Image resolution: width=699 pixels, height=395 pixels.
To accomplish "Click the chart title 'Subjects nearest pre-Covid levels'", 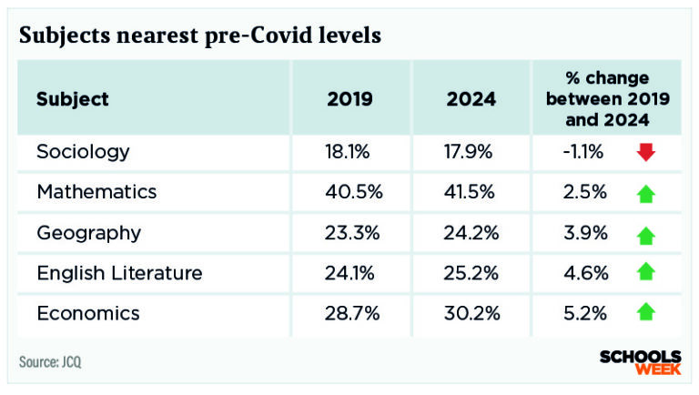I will (200, 35).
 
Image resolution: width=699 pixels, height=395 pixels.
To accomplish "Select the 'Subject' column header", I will (73, 99).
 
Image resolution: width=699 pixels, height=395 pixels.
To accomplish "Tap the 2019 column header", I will (349, 99).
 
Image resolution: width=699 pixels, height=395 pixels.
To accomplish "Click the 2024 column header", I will (471, 99).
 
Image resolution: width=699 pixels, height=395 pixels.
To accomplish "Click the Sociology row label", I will (83, 152).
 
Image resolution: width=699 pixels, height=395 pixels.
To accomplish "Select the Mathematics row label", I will (96, 192).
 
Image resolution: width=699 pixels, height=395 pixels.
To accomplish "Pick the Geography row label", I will (88, 232).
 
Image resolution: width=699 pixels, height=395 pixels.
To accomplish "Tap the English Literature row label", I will (119, 273).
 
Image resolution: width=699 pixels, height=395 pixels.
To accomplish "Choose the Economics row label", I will (88, 313).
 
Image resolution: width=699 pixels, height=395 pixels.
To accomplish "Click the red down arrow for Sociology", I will (646, 153).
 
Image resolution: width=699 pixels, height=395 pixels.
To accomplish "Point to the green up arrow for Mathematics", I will (646, 193).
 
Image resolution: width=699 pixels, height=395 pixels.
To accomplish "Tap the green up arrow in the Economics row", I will (646, 313).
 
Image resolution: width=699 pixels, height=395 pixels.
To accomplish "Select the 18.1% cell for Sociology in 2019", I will (348, 152).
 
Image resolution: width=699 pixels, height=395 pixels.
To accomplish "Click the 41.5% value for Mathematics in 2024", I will (470, 192).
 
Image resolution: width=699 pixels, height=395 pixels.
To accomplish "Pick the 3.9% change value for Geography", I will (587, 232).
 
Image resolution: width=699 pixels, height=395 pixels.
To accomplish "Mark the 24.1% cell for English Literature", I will (348, 273).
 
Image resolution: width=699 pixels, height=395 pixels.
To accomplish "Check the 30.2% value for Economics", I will (470, 313).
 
